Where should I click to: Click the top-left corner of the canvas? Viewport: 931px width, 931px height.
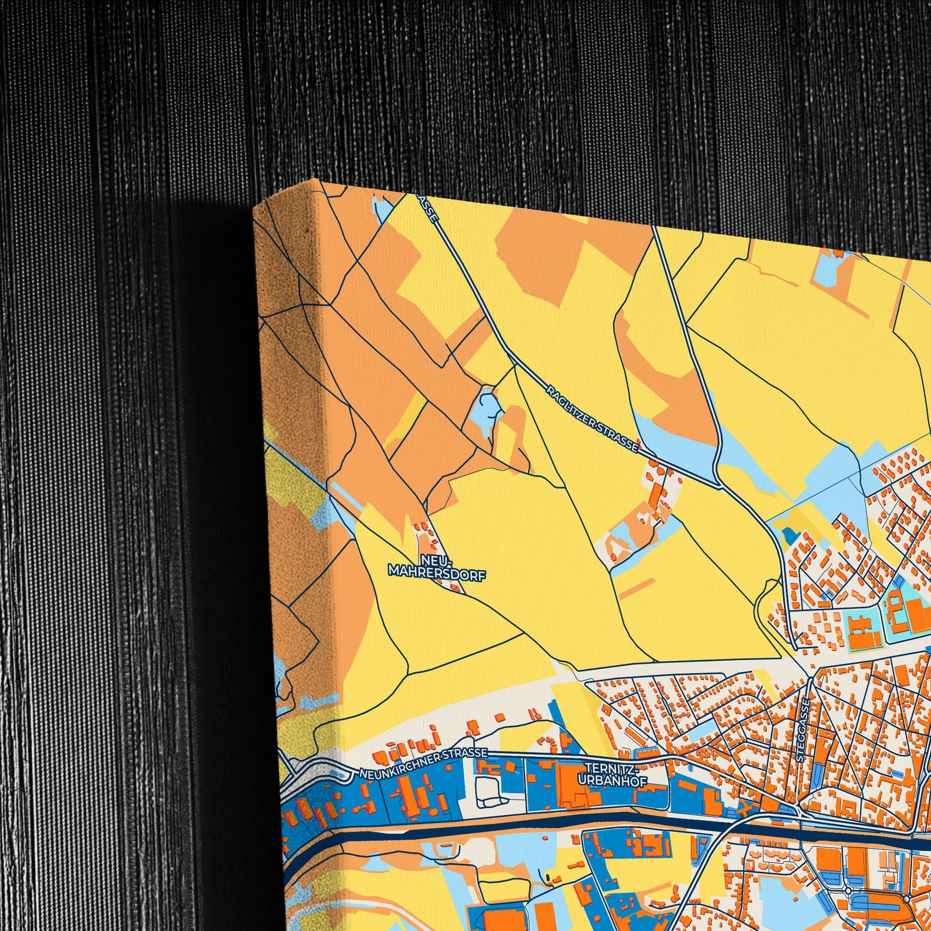click(x=255, y=207)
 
